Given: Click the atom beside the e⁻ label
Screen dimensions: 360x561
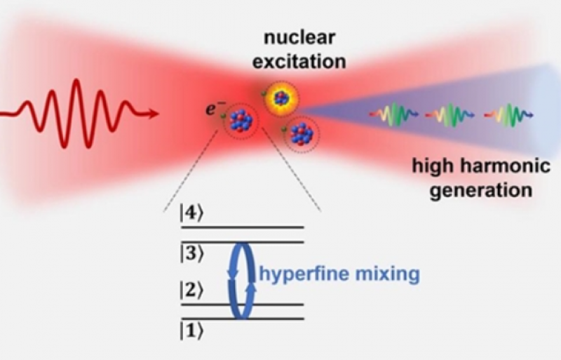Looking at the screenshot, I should coord(241,121).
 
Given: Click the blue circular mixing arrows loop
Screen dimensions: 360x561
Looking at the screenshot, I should coord(241,281).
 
